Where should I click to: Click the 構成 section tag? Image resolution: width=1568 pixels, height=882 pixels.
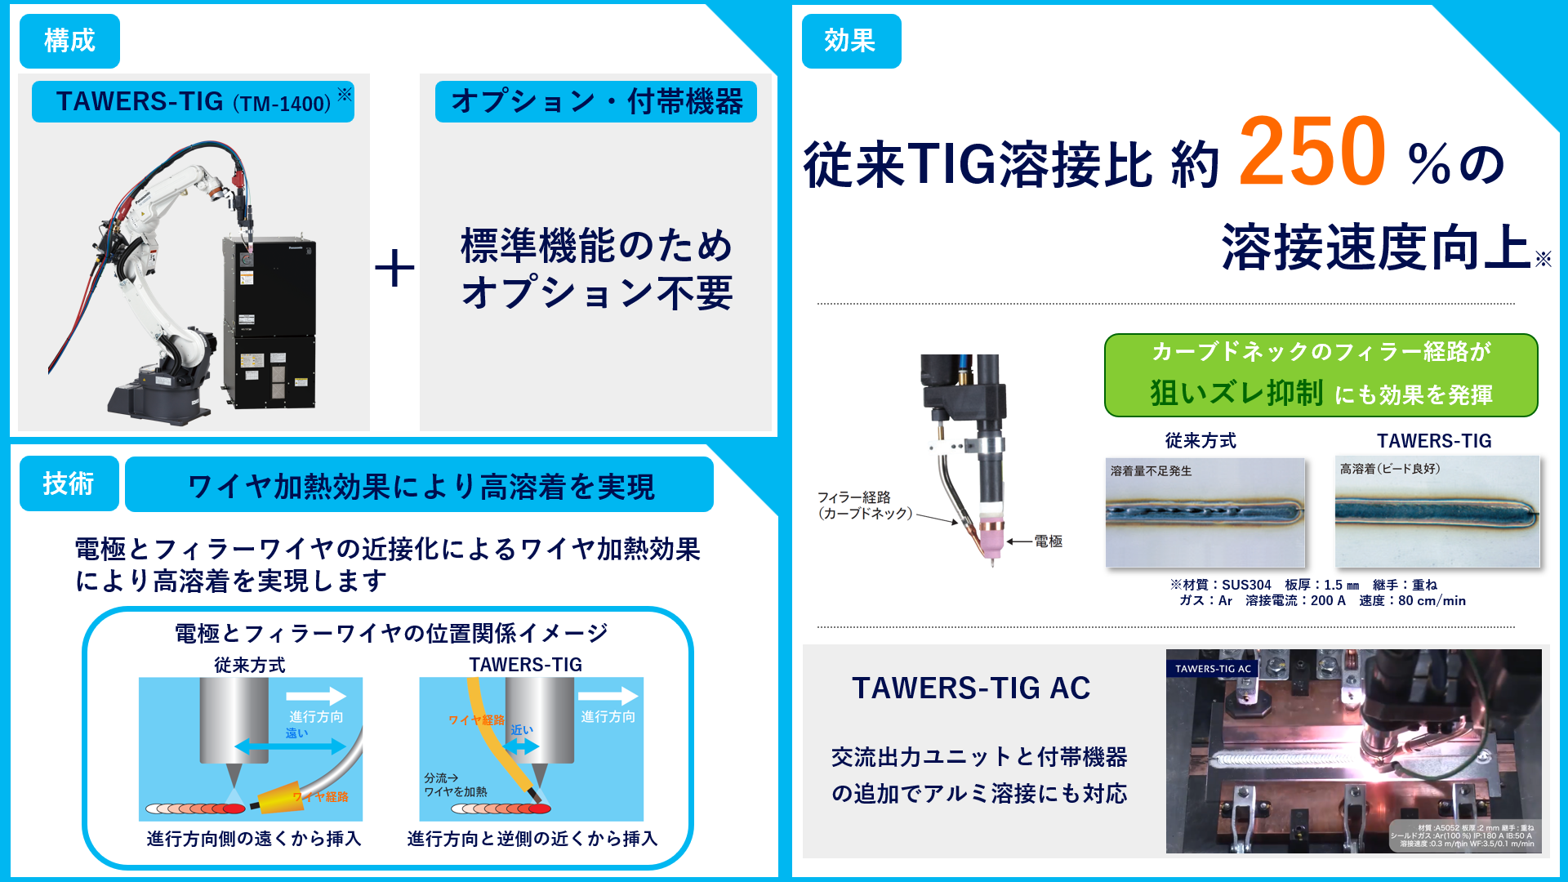tap(69, 41)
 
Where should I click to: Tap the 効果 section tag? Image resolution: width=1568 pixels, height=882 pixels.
tap(851, 41)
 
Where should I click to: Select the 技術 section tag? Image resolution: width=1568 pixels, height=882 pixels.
tap(69, 483)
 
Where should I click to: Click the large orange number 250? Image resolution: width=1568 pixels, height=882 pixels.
tap(1312, 152)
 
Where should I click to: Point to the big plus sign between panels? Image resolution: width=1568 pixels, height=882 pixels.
tap(394, 269)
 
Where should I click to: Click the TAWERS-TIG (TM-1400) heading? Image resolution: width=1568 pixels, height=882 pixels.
tap(194, 102)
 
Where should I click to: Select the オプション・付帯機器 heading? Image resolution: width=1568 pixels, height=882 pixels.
tap(596, 102)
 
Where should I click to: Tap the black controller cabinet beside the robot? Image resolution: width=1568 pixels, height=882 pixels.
tap(269, 323)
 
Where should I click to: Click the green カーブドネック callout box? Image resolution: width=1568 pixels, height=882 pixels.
tap(1321, 375)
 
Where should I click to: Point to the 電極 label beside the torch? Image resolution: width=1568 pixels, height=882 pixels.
tap(1048, 541)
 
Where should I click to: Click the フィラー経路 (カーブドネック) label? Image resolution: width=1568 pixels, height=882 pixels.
tap(865, 506)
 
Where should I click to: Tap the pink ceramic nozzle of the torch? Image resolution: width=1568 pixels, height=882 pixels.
tap(991, 535)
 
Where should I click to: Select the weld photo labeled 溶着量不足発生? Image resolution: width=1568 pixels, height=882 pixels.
tap(1205, 513)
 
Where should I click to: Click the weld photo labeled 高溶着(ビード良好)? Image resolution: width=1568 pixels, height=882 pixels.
tap(1437, 513)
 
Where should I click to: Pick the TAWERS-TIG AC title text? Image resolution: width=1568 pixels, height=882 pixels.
tap(971, 688)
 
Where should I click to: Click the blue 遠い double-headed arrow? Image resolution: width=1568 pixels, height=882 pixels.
tap(290, 746)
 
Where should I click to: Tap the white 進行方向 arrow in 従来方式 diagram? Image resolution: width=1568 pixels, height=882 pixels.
tap(315, 696)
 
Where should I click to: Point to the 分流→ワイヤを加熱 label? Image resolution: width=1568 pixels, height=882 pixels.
tap(455, 785)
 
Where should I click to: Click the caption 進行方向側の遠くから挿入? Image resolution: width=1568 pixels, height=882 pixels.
tap(254, 839)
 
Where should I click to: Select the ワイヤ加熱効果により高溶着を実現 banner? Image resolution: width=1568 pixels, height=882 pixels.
tap(420, 486)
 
